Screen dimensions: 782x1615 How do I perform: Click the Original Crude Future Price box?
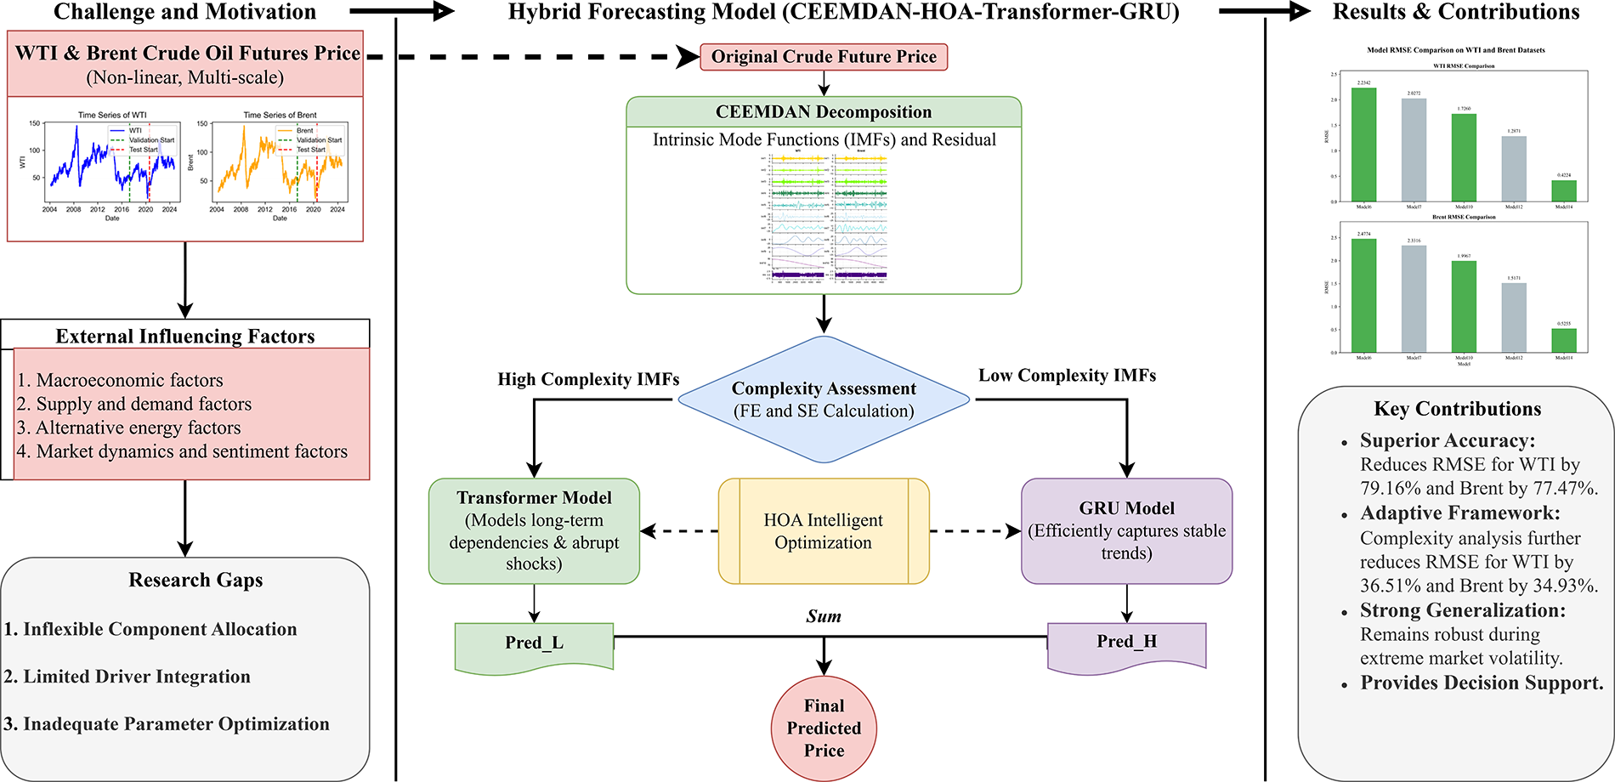[x=823, y=57]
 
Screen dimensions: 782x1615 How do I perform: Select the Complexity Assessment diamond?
[x=824, y=399]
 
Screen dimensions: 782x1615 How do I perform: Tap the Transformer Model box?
[x=534, y=530]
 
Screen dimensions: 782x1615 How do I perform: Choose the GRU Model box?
[x=1126, y=530]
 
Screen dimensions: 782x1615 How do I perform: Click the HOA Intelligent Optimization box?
[x=823, y=531]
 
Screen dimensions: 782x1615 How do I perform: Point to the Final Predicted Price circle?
[x=824, y=728]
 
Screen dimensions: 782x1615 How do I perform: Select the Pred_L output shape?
[x=534, y=645]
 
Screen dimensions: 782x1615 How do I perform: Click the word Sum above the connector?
[x=824, y=616]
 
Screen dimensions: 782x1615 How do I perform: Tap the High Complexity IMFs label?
[x=588, y=379]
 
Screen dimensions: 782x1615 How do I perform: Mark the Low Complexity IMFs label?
[x=1067, y=376]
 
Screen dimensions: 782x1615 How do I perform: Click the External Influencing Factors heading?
[x=185, y=336]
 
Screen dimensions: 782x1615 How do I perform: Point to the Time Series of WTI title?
[x=112, y=115]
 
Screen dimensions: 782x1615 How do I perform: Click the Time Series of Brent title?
[x=280, y=115]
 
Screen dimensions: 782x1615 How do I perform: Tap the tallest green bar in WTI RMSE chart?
[x=1363, y=144]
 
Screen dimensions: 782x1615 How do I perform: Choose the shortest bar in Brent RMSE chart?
[x=1563, y=340]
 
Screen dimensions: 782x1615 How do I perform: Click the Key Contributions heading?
[x=1457, y=409]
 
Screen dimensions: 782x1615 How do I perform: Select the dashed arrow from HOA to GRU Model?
[x=975, y=531]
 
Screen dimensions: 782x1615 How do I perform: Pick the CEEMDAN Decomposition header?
[x=823, y=112]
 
